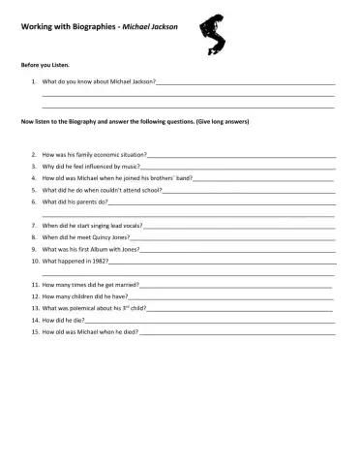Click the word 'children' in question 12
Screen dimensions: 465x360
coord(92,296)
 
